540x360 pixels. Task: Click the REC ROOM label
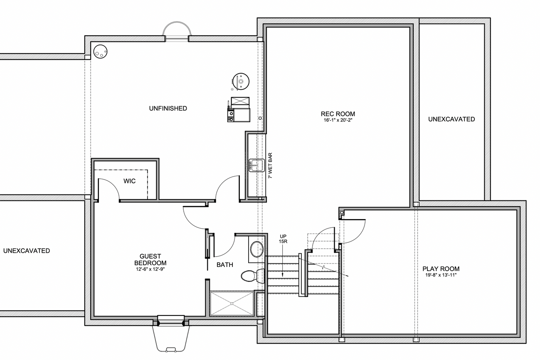338,114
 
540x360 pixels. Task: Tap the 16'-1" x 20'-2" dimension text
338,120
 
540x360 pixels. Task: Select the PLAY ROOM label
441,269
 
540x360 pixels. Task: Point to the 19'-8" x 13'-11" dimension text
441,275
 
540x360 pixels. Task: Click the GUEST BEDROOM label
150,259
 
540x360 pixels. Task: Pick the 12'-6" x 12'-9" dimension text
150,269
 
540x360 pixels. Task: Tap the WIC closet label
129,181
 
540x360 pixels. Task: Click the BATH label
224,265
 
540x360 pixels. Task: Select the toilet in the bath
253,276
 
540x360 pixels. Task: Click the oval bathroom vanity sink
257,249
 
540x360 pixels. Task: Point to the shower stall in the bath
232,303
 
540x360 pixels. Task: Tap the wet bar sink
256,165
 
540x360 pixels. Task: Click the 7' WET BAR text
270,165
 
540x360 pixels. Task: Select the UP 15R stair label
283,239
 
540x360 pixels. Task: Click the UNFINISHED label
168,108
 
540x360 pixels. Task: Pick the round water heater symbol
240,81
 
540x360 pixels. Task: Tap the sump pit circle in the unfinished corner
100,52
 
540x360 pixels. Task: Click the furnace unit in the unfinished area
239,109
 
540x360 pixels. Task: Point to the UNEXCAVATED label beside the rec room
451,119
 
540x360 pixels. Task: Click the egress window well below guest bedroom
171,338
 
